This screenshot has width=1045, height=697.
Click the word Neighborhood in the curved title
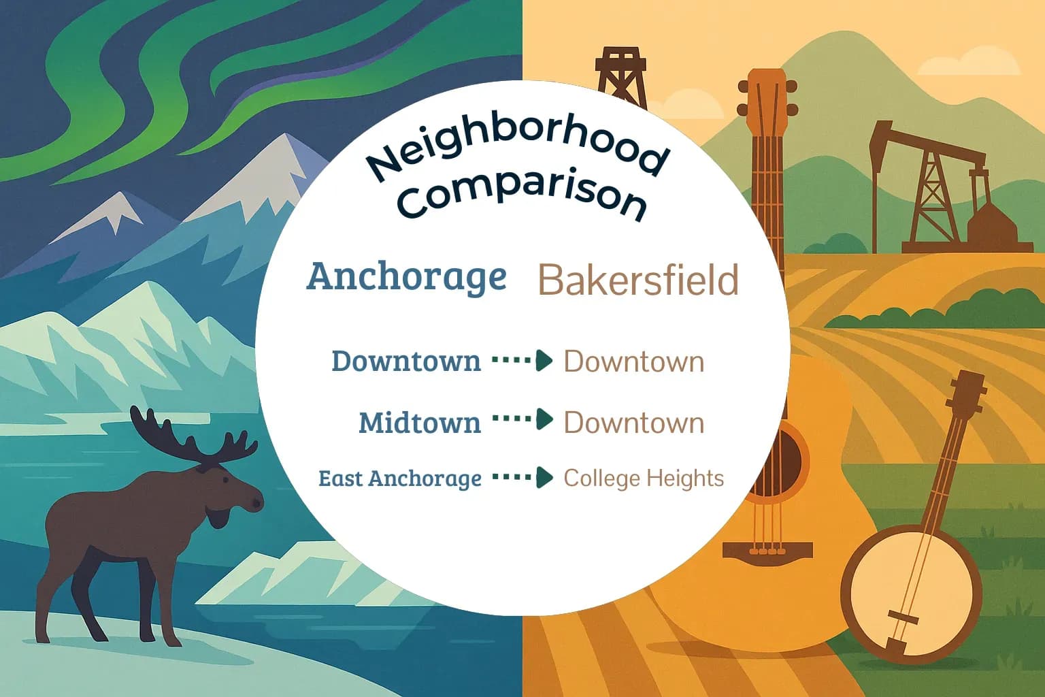click(516, 154)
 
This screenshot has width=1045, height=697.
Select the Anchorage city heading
click(406, 276)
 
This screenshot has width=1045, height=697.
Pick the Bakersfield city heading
click(637, 280)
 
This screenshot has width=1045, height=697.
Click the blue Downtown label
click(405, 361)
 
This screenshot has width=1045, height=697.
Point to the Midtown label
click(419, 423)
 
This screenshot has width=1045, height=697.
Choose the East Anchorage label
click(399, 479)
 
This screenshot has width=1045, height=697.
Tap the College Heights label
click(643, 478)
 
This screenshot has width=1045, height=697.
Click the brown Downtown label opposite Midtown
click(633, 423)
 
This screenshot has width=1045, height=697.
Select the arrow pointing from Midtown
click(522, 419)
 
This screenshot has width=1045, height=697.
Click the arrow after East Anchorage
click(522, 478)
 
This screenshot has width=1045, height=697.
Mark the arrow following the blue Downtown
click(522, 361)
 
